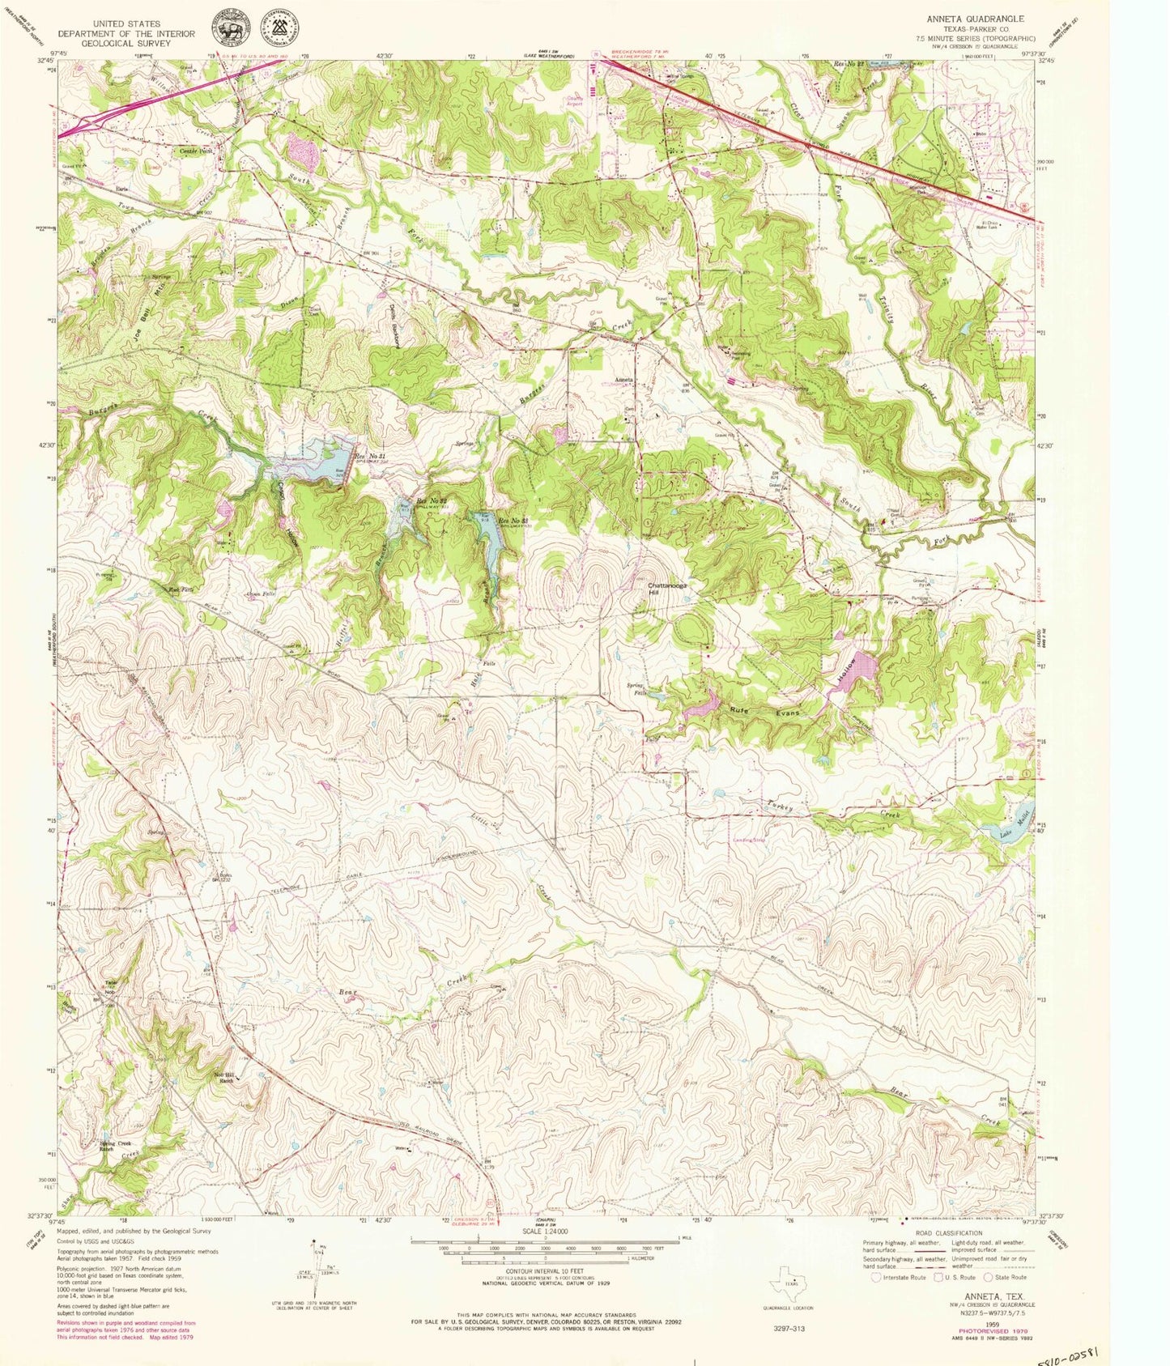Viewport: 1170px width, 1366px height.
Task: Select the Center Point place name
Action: tap(194, 151)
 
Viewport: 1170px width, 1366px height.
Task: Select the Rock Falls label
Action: tap(177, 589)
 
